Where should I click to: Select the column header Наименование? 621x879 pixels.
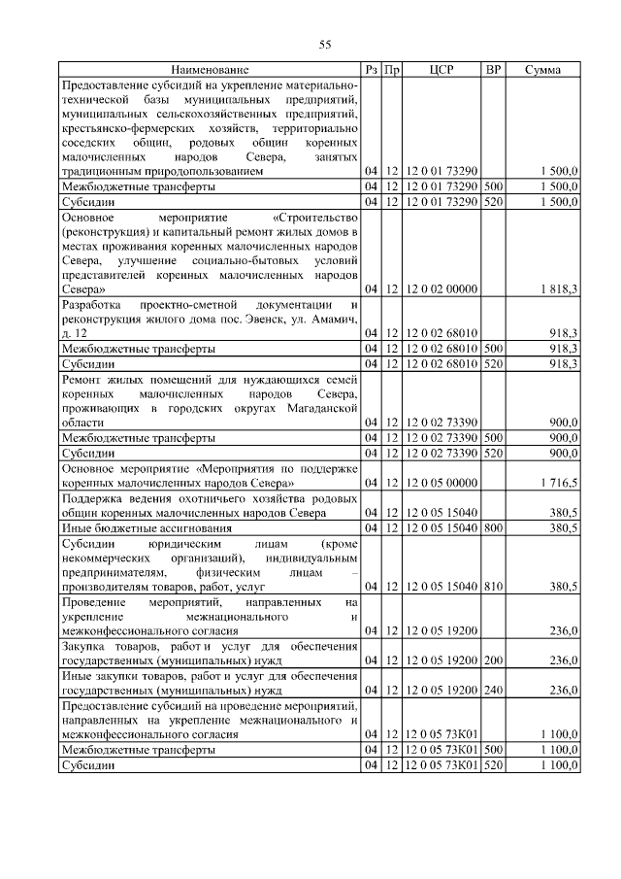pos(211,70)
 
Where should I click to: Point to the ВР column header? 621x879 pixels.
pos(493,70)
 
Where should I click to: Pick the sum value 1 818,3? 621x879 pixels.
pos(559,289)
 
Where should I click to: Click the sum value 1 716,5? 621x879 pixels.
pos(559,482)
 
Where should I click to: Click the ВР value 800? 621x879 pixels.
pos(493,527)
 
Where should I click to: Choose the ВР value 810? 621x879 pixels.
pos(493,587)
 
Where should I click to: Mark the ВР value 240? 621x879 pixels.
pos(493,690)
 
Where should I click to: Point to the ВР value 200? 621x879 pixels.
pos(493,659)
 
